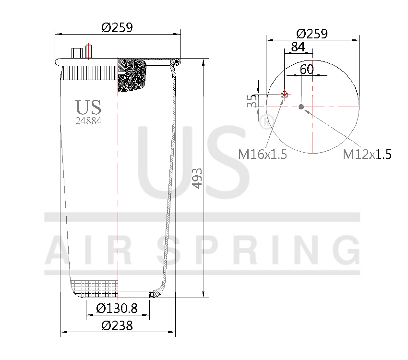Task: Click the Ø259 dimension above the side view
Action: click(x=117, y=27)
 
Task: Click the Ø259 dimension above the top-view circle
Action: click(x=312, y=34)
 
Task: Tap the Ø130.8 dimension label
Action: click(x=117, y=308)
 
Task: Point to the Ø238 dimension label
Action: click(x=117, y=325)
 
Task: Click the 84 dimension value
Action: click(x=298, y=47)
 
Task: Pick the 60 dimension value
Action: click(x=307, y=69)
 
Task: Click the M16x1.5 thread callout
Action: click(x=263, y=154)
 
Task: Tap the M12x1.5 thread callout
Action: click(x=367, y=154)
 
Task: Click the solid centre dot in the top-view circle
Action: click(x=301, y=107)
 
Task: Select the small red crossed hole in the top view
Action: click(x=285, y=95)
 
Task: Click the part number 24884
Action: click(x=88, y=121)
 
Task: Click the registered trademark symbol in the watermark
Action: click(x=266, y=121)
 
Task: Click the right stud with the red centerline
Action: click(x=88, y=51)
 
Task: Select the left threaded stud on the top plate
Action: click(x=76, y=53)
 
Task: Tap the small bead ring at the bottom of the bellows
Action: click(x=152, y=294)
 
